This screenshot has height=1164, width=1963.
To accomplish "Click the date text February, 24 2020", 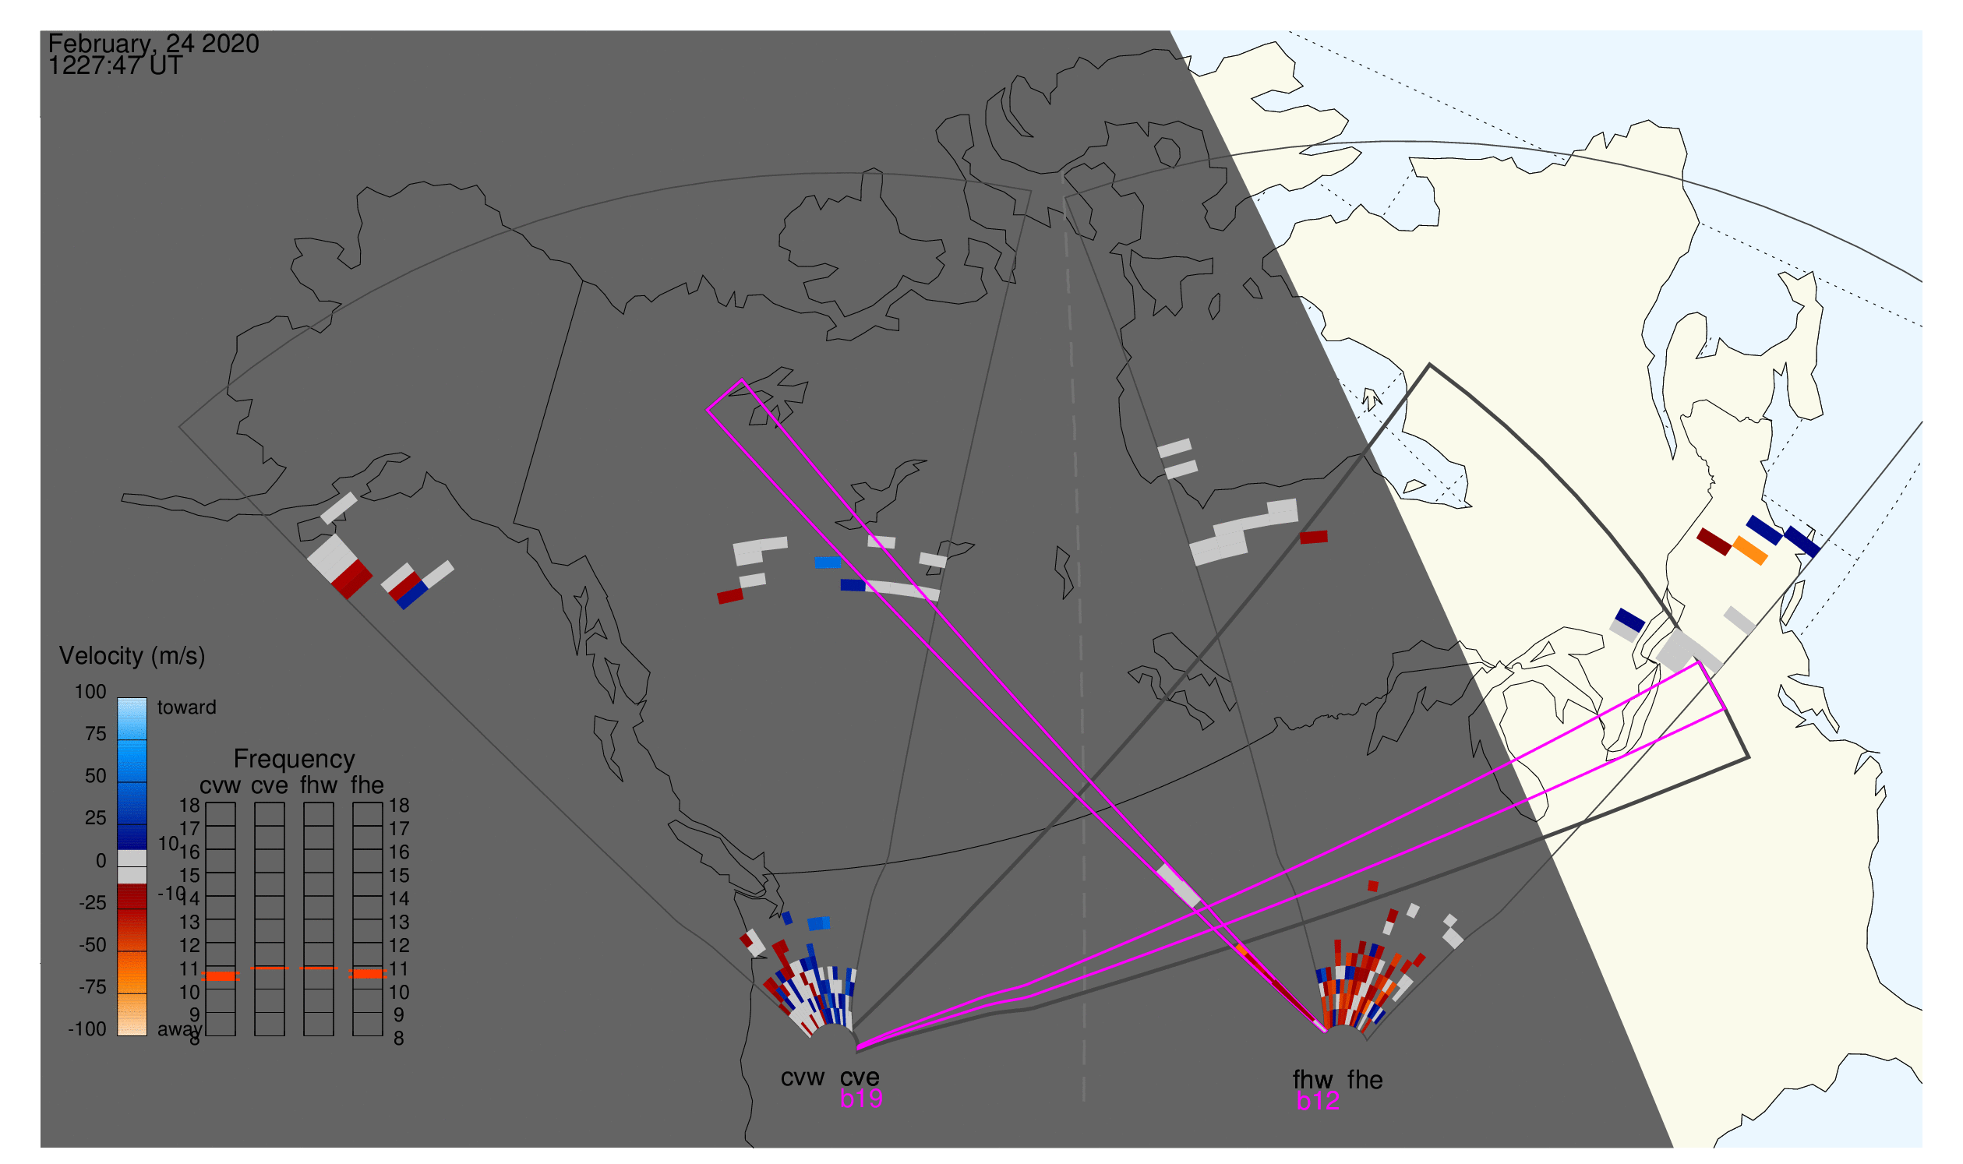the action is click(154, 43).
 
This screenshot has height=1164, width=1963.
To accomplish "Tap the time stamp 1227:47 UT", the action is click(115, 65).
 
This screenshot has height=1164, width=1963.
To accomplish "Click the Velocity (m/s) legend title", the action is click(132, 657).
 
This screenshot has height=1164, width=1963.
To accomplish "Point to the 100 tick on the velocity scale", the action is click(91, 692).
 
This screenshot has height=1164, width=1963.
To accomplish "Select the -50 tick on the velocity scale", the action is click(93, 945).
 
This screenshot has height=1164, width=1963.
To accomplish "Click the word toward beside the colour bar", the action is click(187, 707).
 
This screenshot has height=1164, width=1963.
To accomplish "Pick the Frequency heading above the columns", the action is click(295, 760).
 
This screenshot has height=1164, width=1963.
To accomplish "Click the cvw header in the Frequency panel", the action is click(220, 786).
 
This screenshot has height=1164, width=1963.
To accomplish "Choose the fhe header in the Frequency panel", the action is click(367, 785).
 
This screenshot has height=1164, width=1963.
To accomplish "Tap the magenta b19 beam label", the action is click(861, 1099).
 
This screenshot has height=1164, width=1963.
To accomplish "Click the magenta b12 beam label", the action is click(1318, 1102).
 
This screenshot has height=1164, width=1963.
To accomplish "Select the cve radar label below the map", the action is click(860, 1078).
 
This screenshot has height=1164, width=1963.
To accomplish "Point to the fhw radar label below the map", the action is click(1313, 1080).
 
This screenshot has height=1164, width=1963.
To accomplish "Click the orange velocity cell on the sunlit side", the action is click(1750, 551).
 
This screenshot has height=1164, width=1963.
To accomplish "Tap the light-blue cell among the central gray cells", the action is click(828, 563).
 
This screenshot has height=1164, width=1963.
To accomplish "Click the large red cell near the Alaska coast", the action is click(351, 580).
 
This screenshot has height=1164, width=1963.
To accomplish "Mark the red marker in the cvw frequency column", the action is click(221, 975).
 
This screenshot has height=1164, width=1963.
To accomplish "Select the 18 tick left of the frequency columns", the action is click(190, 806).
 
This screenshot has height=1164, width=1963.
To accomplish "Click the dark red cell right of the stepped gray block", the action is click(1314, 538).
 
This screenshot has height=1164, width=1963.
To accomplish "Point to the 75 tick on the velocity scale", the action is click(95, 734).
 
